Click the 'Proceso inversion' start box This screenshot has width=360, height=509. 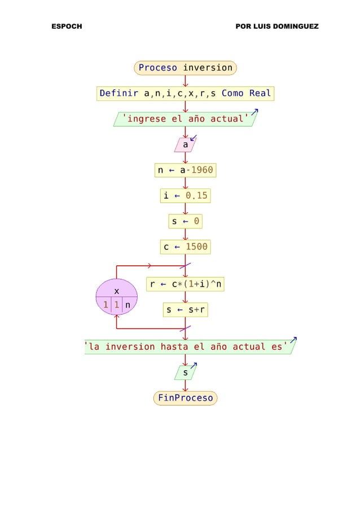185,68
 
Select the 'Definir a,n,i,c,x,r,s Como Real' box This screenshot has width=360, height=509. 185,93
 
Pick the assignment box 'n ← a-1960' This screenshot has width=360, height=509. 185,170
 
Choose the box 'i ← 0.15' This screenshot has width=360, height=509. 185,196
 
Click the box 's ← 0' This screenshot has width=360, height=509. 185,221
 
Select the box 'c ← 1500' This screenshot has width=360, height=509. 185,247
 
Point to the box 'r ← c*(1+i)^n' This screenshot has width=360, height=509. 186,284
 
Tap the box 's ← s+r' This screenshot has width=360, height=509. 185,310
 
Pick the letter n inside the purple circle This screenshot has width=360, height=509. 128,305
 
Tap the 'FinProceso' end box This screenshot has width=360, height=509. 185,398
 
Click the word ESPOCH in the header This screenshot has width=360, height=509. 66,27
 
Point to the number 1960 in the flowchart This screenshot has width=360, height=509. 201,170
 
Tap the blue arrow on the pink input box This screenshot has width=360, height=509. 194,138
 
